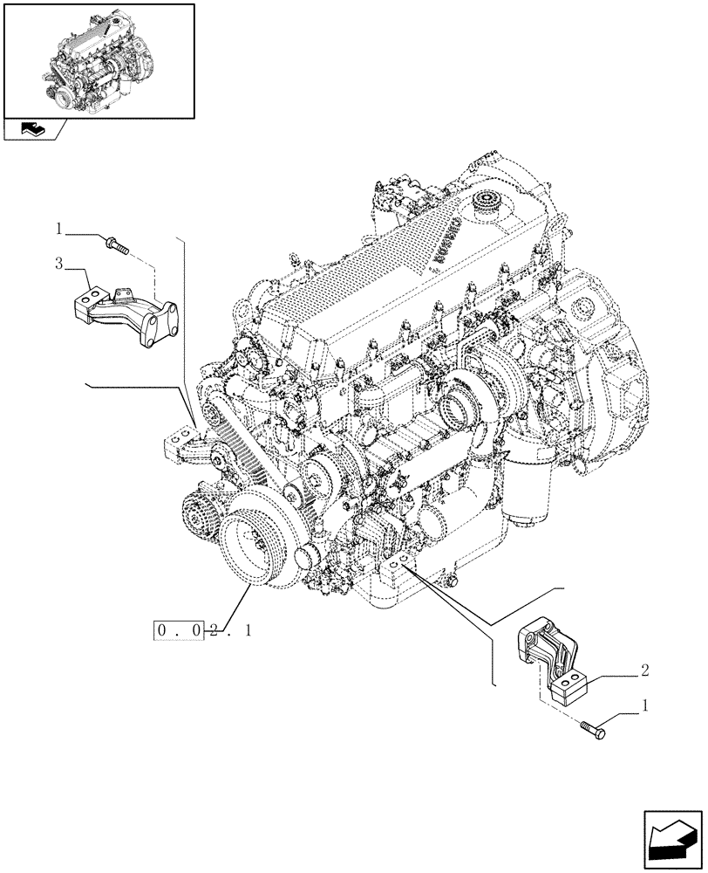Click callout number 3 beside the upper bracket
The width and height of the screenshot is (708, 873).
pos(58,263)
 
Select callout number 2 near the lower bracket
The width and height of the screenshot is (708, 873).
pos(643,670)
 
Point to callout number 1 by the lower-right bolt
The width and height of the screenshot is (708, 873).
pos(644,704)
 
